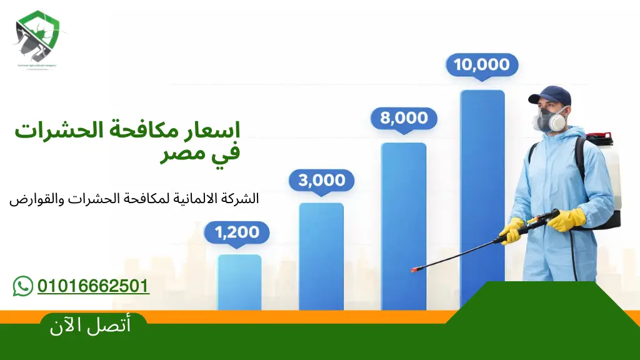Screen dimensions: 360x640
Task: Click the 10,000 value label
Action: tap(481, 64)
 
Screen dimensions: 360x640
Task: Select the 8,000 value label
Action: tap(404, 118)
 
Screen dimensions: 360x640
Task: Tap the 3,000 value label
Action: tap(321, 181)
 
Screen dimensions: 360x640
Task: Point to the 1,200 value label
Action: tap(237, 232)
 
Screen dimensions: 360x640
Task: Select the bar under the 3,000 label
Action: tap(321, 256)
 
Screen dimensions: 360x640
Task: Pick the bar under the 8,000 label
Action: tap(404, 225)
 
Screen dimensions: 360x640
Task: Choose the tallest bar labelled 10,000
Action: tap(482, 187)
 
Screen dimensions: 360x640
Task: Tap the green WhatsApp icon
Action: tap(23, 286)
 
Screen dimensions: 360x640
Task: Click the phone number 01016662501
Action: tap(93, 286)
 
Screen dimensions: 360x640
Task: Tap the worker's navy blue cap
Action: tap(551, 96)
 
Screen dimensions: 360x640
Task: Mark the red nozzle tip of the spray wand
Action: tap(414, 269)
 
